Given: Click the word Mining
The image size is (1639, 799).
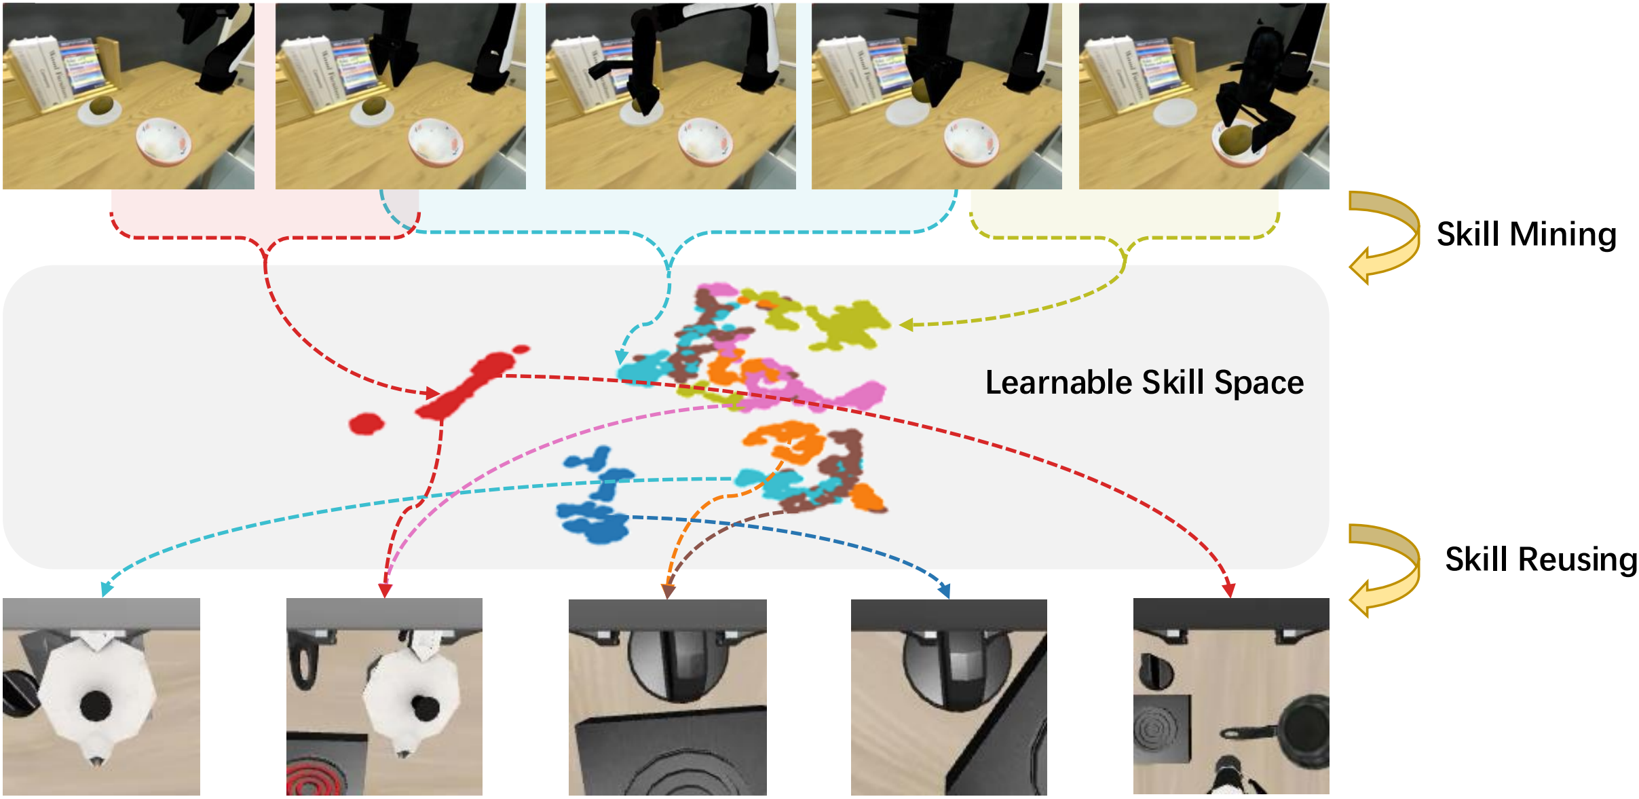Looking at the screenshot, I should (1563, 235).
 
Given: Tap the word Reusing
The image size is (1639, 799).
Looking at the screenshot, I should (1577, 560).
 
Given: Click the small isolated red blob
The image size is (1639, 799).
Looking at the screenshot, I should (366, 424).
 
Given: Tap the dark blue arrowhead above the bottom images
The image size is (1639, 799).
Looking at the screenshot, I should (944, 591).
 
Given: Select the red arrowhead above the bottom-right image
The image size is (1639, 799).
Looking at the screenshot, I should (1228, 591).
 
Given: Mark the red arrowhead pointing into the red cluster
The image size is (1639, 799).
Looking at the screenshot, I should (432, 392).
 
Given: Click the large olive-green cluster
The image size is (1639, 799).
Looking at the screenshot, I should (845, 324).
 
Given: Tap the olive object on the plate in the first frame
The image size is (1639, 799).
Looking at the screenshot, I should (101, 107).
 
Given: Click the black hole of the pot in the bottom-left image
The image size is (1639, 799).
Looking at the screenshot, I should (96, 706).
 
